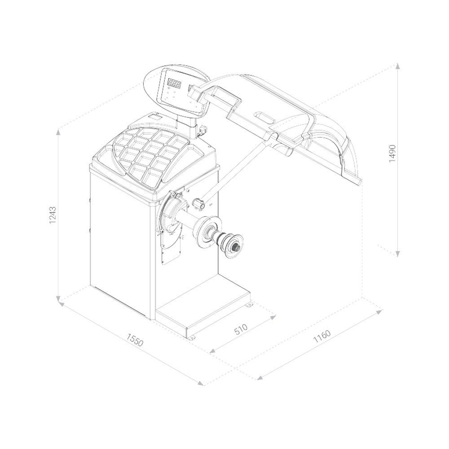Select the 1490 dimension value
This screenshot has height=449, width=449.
392,154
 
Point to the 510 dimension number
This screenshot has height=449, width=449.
241,329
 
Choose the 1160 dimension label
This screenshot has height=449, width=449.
322,336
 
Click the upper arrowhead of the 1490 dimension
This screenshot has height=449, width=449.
397,66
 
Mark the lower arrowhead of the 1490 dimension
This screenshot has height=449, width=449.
397,253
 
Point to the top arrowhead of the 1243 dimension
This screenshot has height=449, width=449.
58,132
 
